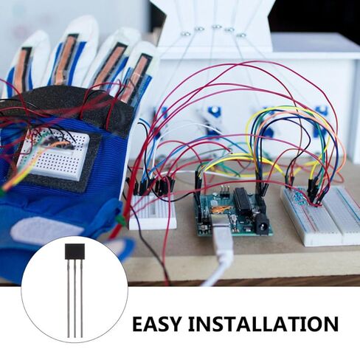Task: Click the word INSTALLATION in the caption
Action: tap(263, 324)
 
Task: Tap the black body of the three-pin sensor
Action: tap(75, 251)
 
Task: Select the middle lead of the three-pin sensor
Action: tap(75, 297)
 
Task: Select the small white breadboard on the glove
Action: tap(53, 154)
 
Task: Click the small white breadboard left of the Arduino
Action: tap(152, 211)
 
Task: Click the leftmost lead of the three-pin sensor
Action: tap(68, 298)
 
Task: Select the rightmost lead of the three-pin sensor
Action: tap(81, 297)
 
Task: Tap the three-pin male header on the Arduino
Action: tap(224, 192)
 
